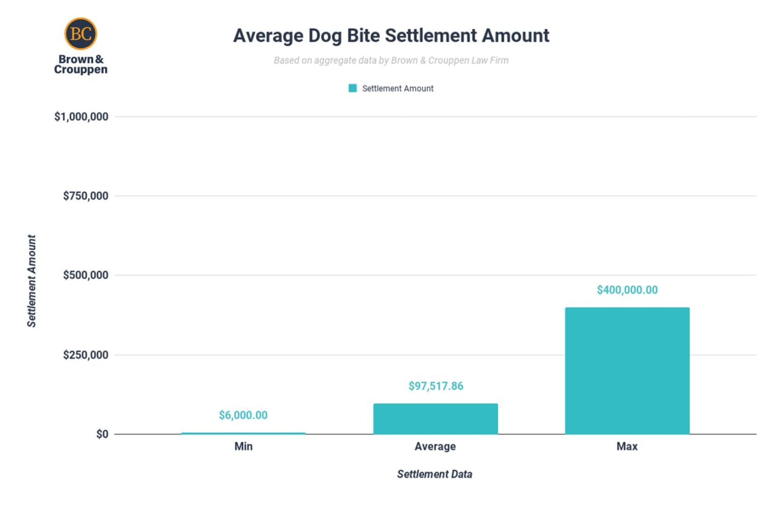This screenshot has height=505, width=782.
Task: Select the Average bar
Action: (x=435, y=419)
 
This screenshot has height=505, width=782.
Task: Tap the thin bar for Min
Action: (x=243, y=433)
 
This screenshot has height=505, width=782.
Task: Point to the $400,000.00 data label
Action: (x=627, y=290)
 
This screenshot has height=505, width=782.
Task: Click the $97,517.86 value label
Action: (x=436, y=386)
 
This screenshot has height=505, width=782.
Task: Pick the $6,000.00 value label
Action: (x=243, y=415)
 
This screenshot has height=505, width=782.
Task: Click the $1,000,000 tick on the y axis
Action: (x=81, y=117)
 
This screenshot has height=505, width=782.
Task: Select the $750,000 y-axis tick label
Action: (x=86, y=196)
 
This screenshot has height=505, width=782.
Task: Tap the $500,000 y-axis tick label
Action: (x=86, y=275)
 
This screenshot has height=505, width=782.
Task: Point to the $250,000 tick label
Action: (x=86, y=355)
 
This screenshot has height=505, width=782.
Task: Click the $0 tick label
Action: (x=102, y=434)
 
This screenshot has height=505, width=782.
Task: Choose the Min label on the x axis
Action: (x=243, y=447)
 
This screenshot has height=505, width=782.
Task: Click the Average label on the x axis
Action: (x=435, y=447)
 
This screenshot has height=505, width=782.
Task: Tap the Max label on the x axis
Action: (x=627, y=447)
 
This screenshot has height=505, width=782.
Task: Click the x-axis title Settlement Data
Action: (x=435, y=474)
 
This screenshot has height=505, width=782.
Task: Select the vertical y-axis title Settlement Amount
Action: (x=32, y=281)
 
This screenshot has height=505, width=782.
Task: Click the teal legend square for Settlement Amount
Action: (x=352, y=88)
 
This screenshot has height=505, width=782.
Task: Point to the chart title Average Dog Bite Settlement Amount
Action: (x=391, y=36)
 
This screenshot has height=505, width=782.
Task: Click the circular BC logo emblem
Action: (x=80, y=34)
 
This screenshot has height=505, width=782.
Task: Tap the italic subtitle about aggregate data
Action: (x=391, y=61)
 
